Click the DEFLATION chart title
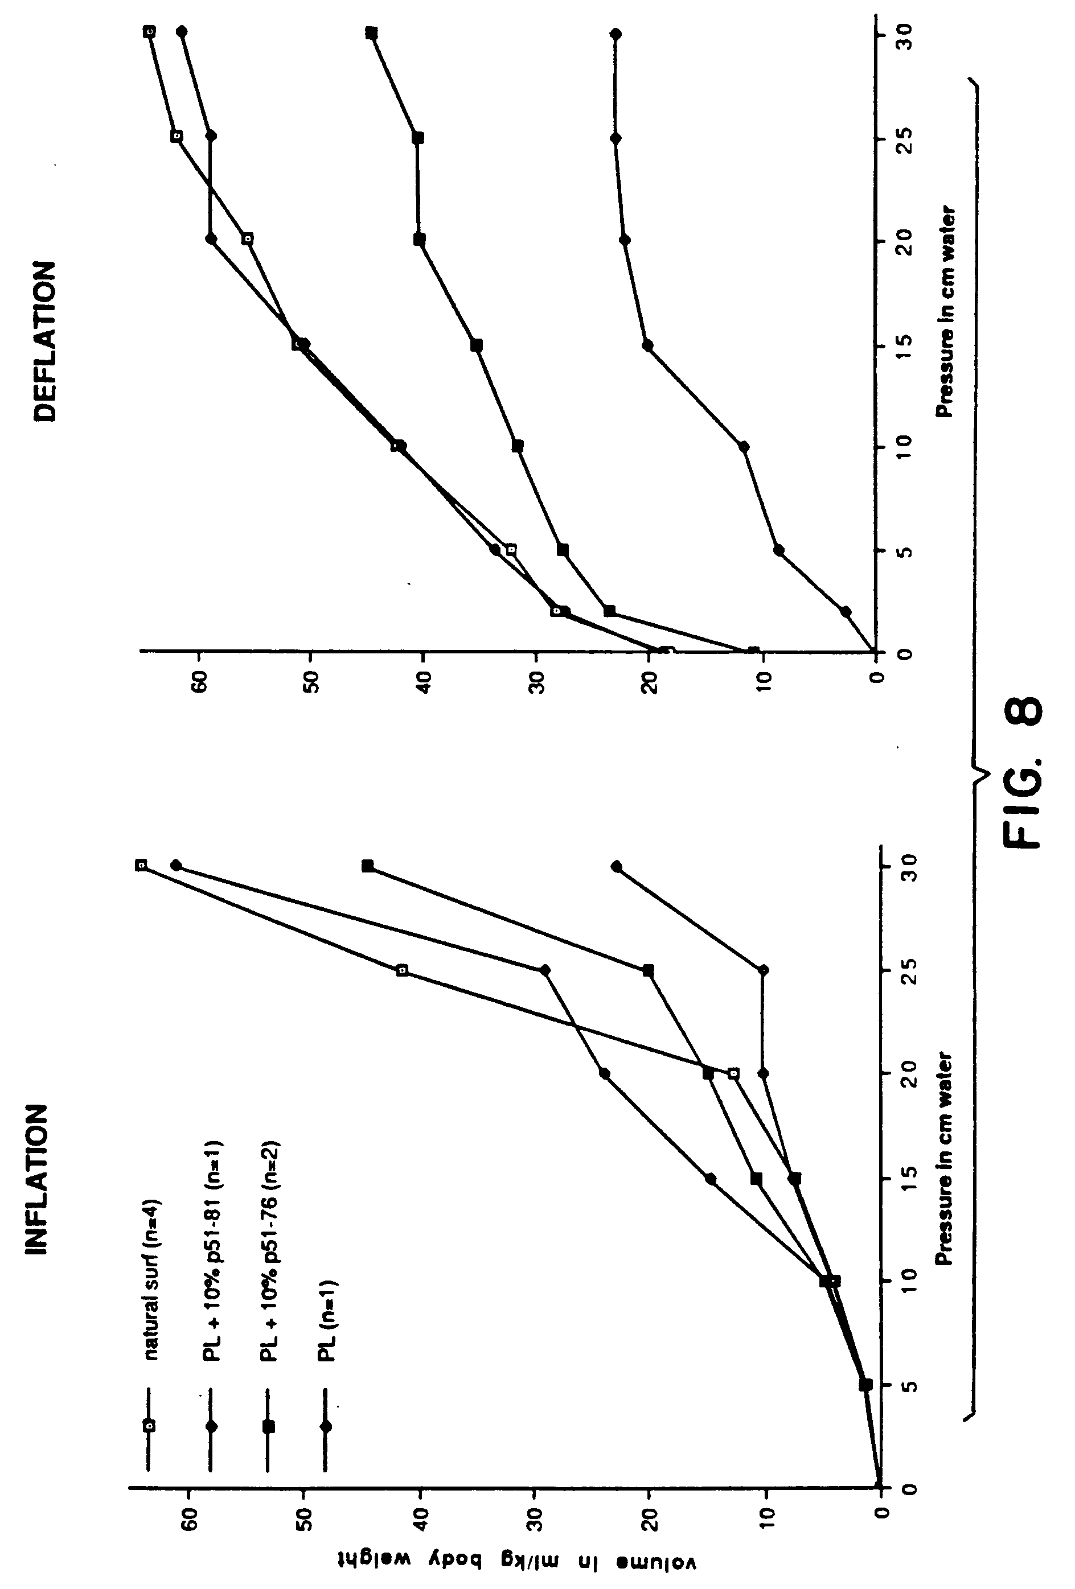click(45, 340)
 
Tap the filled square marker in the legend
click(269, 1426)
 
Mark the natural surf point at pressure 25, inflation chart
click(402, 970)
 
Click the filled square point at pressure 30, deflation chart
click(371, 33)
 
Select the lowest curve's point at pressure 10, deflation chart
click(744, 446)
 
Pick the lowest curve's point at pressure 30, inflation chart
click(616, 867)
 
